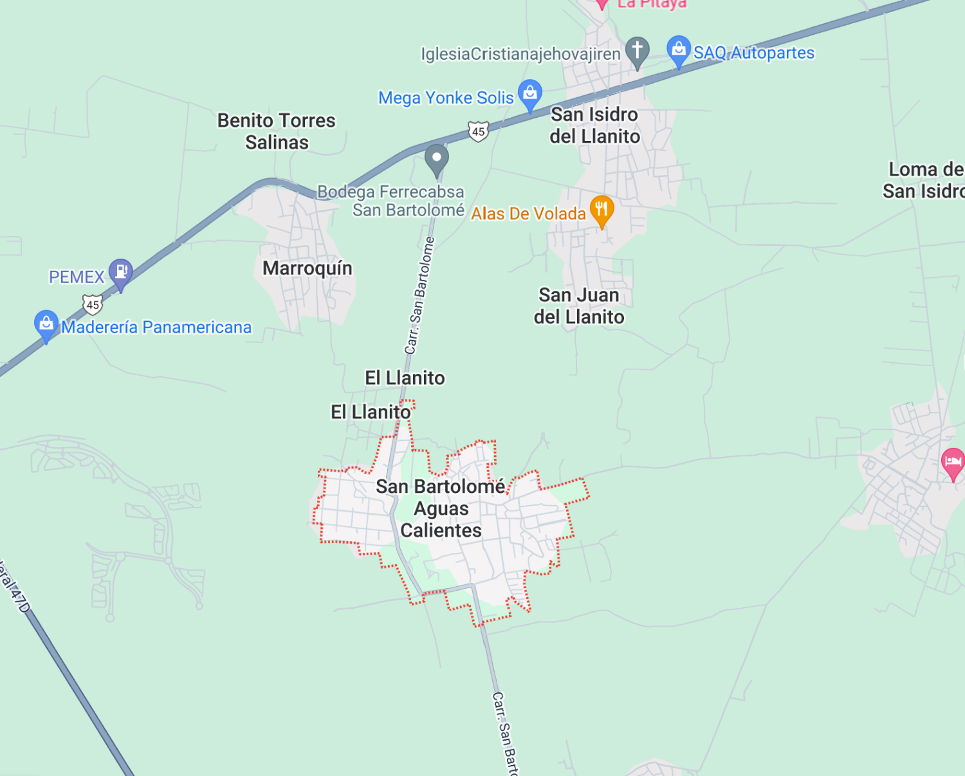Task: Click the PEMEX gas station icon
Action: point(120,272)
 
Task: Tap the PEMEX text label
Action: point(77,277)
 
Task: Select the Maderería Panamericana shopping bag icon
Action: point(46,323)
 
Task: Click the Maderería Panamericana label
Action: point(156,328)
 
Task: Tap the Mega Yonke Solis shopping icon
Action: point(530,93)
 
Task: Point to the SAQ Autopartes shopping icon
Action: point(678,49)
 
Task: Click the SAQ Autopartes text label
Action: point(754,53)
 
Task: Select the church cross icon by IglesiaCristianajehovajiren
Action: point(637,50)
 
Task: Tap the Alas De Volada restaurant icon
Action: point(602,209)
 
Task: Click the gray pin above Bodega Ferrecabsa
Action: point(437,158)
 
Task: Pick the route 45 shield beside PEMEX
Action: point(93,304)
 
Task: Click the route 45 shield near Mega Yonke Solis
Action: point(478,131)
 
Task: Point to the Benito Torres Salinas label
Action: point(277,131)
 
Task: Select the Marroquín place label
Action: point(308,268)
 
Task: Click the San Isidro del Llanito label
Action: point(594,125)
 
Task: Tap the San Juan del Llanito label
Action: point(579,306)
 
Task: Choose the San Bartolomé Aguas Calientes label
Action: point(441,508)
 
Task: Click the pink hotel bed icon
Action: point(953,461)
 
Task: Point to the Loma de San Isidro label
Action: point(924,180)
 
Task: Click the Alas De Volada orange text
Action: point(528,214)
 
